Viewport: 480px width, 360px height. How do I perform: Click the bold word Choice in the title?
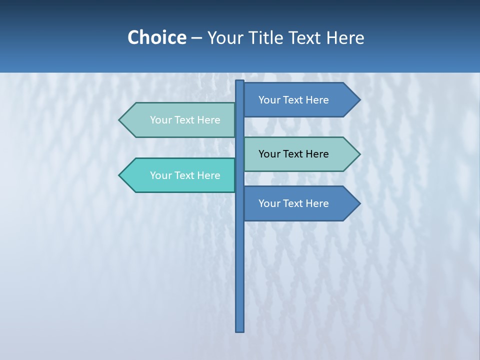coord(156,37)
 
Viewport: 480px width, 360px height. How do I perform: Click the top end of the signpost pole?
coord(239,82)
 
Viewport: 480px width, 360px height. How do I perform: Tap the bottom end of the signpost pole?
coord(239,330)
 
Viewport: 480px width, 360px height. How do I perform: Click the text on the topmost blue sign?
coord(293,100)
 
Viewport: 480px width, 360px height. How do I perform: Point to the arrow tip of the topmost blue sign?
coord(359,100)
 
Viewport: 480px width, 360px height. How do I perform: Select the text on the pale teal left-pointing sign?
coord(185,120)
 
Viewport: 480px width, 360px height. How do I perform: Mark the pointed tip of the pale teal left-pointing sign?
coord(120,120)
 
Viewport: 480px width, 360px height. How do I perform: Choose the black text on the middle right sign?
coord(293,154)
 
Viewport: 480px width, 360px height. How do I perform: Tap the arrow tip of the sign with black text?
coord(359,154)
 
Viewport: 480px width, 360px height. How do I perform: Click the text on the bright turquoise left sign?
coord(185,175)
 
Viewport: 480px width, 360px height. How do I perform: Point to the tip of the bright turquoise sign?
coord(120,175)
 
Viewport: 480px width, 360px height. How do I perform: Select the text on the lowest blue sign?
coord(293,203)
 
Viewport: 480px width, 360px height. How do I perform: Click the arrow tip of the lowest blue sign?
coord(359,203)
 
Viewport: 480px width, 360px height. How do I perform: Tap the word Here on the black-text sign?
coord(316,154)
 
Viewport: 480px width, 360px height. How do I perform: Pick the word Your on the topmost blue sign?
coord(269,100)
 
